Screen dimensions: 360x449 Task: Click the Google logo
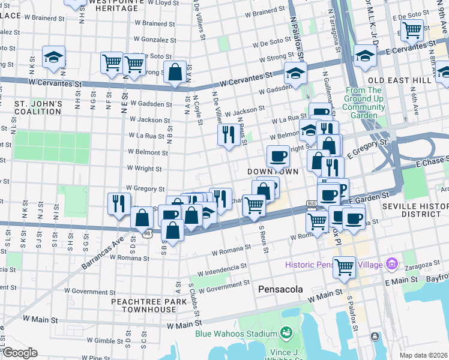(x=19, y=353)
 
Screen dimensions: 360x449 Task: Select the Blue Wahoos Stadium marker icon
(x=286, y=333)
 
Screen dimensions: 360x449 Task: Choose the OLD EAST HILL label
(x=399, y=80)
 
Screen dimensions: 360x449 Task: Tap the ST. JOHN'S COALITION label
(x=38, y=107)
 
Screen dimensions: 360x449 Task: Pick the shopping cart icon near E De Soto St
(x=412, y=29)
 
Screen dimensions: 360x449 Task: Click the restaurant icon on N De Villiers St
(x=228, y=134)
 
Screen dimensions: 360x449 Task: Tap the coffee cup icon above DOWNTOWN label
(x=278, y=155)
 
